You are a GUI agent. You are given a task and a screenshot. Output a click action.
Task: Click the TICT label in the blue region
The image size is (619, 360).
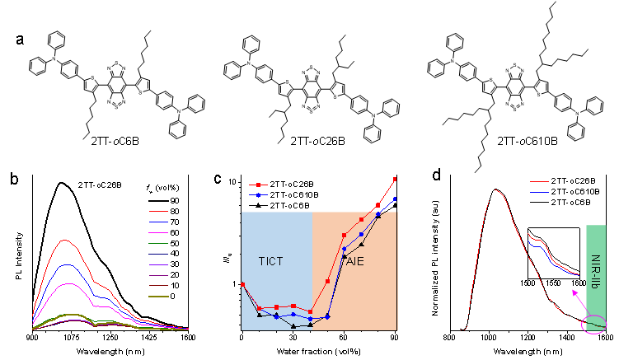[x=270, y=262]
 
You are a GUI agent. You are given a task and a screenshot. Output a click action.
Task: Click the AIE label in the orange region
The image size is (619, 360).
[x=354, y=262]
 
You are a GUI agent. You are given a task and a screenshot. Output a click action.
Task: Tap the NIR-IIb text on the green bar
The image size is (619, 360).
[x=595, y=271]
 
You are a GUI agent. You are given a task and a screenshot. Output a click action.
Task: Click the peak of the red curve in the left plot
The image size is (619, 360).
[x=64, y=240]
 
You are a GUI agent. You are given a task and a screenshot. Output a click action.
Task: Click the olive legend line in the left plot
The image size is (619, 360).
[x=158, y=297]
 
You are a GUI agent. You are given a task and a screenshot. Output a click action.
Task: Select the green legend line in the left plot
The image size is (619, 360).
[x=158, y=244]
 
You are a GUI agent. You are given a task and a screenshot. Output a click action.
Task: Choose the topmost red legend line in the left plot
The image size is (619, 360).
[x=158, y=212]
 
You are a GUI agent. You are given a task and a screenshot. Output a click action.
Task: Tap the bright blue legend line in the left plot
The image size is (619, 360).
[x=158, y=255]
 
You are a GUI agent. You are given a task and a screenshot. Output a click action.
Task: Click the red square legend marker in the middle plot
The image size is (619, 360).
[x=259, y=185]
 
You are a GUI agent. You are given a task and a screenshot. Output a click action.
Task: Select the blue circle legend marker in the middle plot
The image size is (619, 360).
[x=259, y=195]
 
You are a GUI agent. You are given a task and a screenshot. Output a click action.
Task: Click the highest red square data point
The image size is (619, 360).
[x=395, y=179]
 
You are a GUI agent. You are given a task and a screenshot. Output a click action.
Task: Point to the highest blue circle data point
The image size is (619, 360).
[x=395, y=199]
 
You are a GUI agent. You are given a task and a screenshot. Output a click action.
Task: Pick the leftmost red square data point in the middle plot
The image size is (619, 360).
[x=243, y=284]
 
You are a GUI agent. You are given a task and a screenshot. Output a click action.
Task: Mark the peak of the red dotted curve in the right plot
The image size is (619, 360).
[x=496, y=190]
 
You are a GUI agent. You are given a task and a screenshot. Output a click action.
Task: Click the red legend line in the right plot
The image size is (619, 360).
[x=540, y=181]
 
